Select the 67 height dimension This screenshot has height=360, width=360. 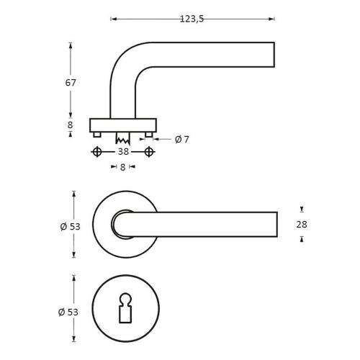click(x=71, y=82)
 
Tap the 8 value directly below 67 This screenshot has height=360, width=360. click(x=71, y=125)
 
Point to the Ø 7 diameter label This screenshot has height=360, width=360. click(x=182, y=139)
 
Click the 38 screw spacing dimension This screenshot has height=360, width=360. click(x=123, y=152)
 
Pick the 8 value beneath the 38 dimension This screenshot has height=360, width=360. click(x=123, y=167)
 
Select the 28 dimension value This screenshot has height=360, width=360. click(x=301, y=224)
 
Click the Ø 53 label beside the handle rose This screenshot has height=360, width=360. click(x=70, y=225)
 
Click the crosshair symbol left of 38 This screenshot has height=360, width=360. click(x=96, y=152)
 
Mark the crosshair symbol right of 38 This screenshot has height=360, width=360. click(x=149, y=152)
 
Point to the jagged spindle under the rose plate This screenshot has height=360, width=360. click(x=122, y=136)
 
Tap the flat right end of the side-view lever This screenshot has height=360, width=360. click(x=274, y=55)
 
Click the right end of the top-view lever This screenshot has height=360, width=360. click(x=276, y=224)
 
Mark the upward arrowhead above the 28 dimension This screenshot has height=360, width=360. click(x=301, y=209)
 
